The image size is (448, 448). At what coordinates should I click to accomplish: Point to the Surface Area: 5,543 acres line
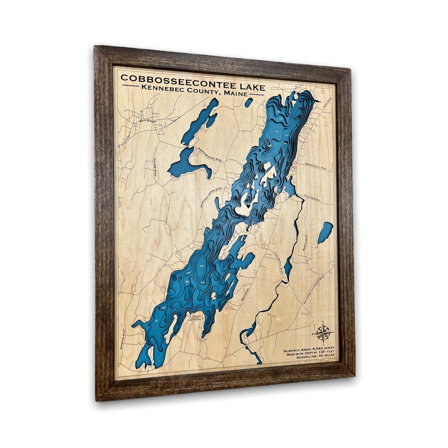pyautogui.click(x=310, y=349)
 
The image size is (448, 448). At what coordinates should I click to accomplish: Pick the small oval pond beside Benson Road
pyautogui.click(x=325, y=232)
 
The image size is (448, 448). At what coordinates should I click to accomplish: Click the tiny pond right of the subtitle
pyautogui.click(x=248, y=103)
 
